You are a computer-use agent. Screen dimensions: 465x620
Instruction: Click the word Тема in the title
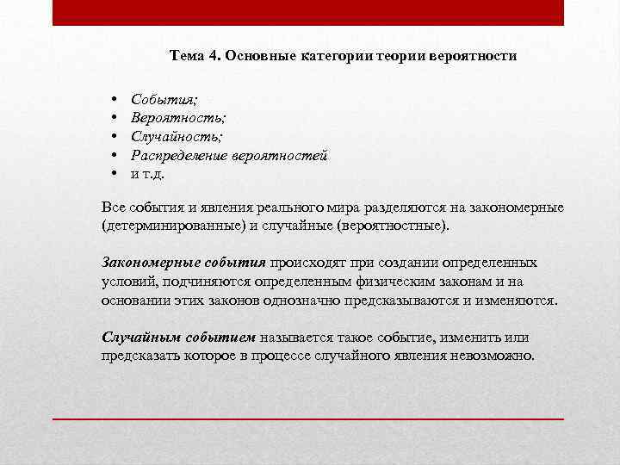click(188, 56)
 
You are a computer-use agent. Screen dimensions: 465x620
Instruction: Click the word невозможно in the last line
click(492, 356)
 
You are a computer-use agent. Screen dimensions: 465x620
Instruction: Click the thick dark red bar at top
click(308, 13)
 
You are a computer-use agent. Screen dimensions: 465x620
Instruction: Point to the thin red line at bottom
click(308, 418)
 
